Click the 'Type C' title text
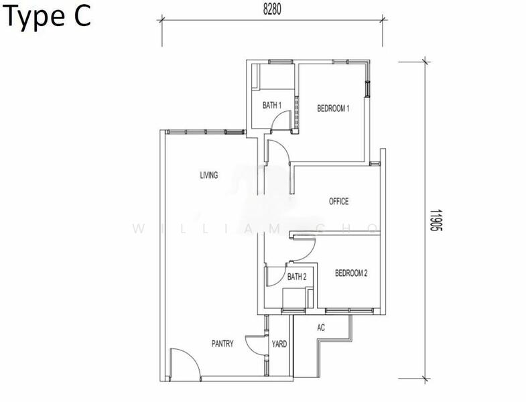click(48, 17)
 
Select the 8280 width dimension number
click(272, 10)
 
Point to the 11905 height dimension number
click(436, 220)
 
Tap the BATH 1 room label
click(272, 105)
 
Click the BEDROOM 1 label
click(333, 109)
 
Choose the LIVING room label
click(208, 175)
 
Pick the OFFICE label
click(338, 202)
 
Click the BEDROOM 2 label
click(351, 273)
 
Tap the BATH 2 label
click(297, 277)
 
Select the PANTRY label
click(222, 344)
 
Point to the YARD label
click(279, 344)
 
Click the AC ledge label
click(321, 328)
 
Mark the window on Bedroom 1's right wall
click(368, 89)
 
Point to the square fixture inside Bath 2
click(294, 297)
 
